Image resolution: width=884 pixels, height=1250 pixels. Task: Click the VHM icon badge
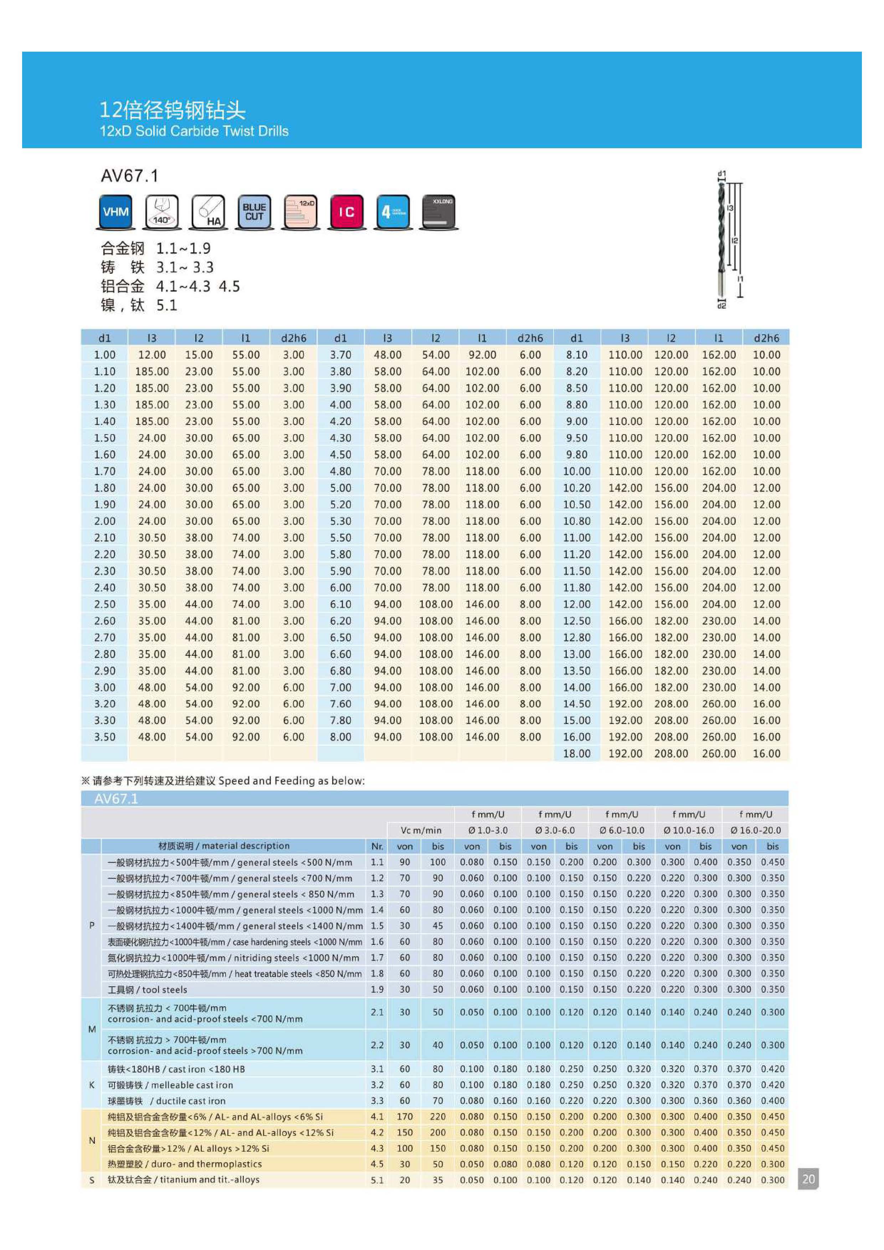tap(115, 212)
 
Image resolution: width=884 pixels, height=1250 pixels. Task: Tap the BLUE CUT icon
tap(254, 212)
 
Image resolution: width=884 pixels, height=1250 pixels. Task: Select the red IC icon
tap(346, 212)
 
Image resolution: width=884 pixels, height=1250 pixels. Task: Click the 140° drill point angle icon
tap(162, 212)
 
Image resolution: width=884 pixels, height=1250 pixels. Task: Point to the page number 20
tap(808, 1179)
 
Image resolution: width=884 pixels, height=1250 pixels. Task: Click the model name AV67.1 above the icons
tap(129, 176)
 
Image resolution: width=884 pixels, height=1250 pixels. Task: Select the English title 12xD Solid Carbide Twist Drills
tap(194, 131)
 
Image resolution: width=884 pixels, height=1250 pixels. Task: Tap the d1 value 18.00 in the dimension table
tap(576, 753)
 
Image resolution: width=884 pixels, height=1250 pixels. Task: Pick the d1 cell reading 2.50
tap(104, 604)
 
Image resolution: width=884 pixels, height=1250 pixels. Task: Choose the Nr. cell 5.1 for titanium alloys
tap(377, 1180)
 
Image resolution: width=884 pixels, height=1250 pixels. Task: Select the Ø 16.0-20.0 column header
tap(756, 830)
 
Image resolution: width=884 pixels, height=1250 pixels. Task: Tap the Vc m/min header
tap(421, 830)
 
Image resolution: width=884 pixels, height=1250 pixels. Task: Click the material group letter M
tap(92, 1029)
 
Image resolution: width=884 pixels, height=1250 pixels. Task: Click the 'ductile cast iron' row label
tap(166, 1101)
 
